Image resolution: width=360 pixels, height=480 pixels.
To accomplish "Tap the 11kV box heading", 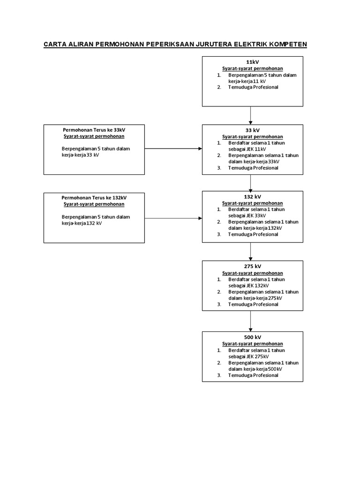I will click(252, 62).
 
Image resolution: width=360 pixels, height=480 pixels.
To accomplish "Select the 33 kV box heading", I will click(252, 130).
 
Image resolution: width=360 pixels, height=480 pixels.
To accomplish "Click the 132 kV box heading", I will click(252, 197).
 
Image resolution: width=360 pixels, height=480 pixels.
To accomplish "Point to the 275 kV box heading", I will click(252, 267).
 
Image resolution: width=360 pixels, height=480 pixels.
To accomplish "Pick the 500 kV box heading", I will click(252, 337).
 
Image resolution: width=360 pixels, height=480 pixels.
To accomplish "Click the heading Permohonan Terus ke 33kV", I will click(94, 130).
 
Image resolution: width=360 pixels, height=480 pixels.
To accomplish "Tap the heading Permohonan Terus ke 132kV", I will click(94, 197).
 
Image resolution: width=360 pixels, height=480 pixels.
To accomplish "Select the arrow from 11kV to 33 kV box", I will click(251, 115).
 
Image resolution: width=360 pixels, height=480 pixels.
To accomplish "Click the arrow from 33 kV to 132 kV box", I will click(251, 182).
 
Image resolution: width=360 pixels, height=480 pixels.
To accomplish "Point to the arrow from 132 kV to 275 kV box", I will click(251, 251).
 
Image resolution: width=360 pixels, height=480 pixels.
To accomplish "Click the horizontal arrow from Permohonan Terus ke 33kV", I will click(173, 149).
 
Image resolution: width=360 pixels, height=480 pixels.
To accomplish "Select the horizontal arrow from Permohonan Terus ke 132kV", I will click(173, 218).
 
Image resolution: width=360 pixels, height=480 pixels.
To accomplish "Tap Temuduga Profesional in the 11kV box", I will click(253, 87).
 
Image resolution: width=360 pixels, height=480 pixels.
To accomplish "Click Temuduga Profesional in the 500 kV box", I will click(253, 375).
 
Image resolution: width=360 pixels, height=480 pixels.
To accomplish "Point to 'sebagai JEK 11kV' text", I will click(247, 149).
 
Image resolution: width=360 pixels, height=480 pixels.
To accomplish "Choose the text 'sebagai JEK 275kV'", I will click(248, 356).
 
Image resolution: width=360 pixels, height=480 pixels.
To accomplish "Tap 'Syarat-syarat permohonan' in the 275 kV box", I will click(252, 273).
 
